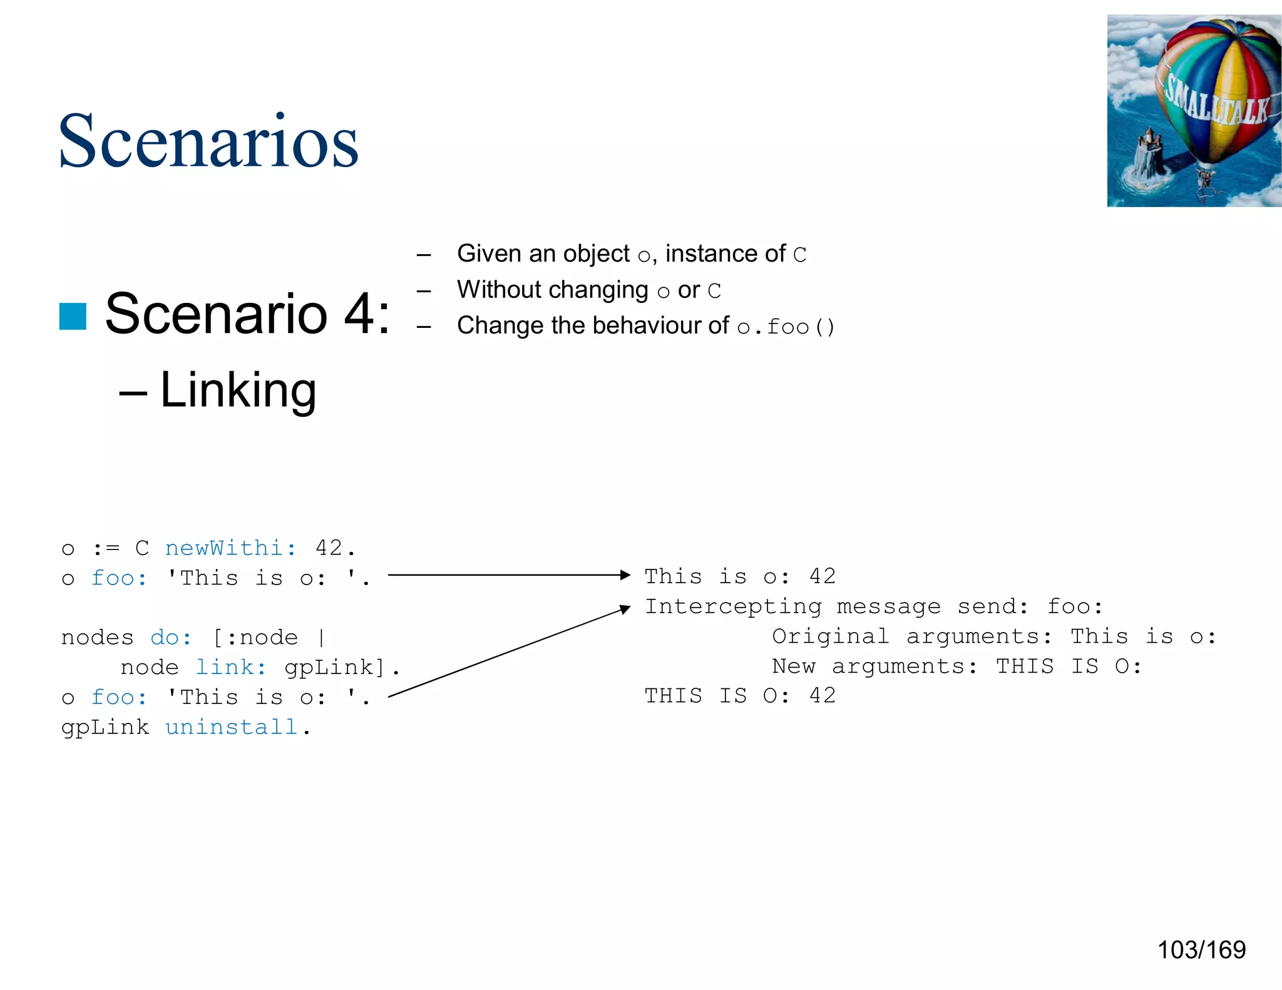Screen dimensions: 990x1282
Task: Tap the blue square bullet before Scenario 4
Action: point(73,316)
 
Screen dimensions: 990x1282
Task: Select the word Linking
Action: point(238,390)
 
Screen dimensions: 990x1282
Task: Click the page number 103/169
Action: point(1201,950)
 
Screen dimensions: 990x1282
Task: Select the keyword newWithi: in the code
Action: point(230,548)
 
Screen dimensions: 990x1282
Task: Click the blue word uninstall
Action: point(231,727)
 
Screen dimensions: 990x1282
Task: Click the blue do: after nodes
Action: point(170,638)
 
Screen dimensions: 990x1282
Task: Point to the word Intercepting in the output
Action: point(733,606)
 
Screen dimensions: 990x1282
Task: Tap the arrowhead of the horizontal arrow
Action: point(625,574)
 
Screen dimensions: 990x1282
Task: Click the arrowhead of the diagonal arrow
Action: point(625,609)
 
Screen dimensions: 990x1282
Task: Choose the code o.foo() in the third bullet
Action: point(786,327)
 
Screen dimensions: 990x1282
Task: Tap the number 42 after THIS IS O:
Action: point(822,696)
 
